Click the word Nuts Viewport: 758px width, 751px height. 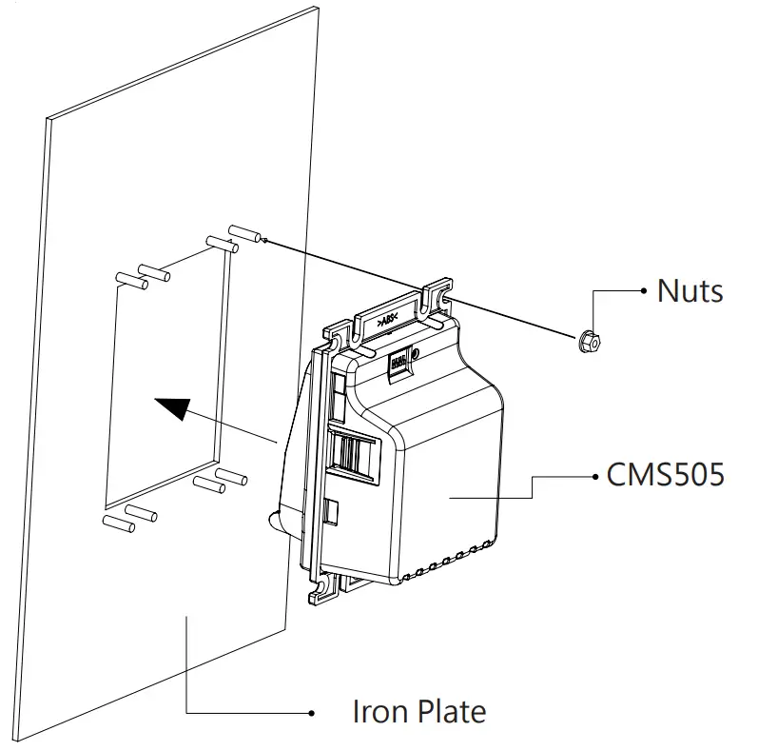(x=690, y=289)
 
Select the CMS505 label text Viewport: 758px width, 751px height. (x=665, y=473)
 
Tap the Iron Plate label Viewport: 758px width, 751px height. (x=418, y=710)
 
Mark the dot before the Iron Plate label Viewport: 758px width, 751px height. (x=310, y=712)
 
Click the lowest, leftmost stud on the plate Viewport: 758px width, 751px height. (x=114, y=523)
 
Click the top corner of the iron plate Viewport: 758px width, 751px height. (x=313, y=9)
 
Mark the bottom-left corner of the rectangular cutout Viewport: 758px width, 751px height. (x=104, y=504)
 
